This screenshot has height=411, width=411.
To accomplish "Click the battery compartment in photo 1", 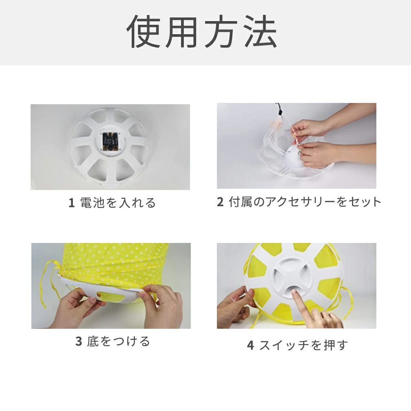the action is coord(110,141).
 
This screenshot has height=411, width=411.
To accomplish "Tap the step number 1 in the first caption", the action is coord(72,203).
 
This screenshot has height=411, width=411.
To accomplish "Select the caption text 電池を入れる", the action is coord(118,203).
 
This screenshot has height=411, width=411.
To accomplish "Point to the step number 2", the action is coord(220,202).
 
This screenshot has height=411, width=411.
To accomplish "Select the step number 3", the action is coord(79,341).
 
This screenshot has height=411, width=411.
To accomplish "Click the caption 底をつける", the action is coord(118,341).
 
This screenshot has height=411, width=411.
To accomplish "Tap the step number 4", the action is coord(251,345).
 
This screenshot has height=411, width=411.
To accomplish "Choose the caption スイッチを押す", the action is coord(304,345).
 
